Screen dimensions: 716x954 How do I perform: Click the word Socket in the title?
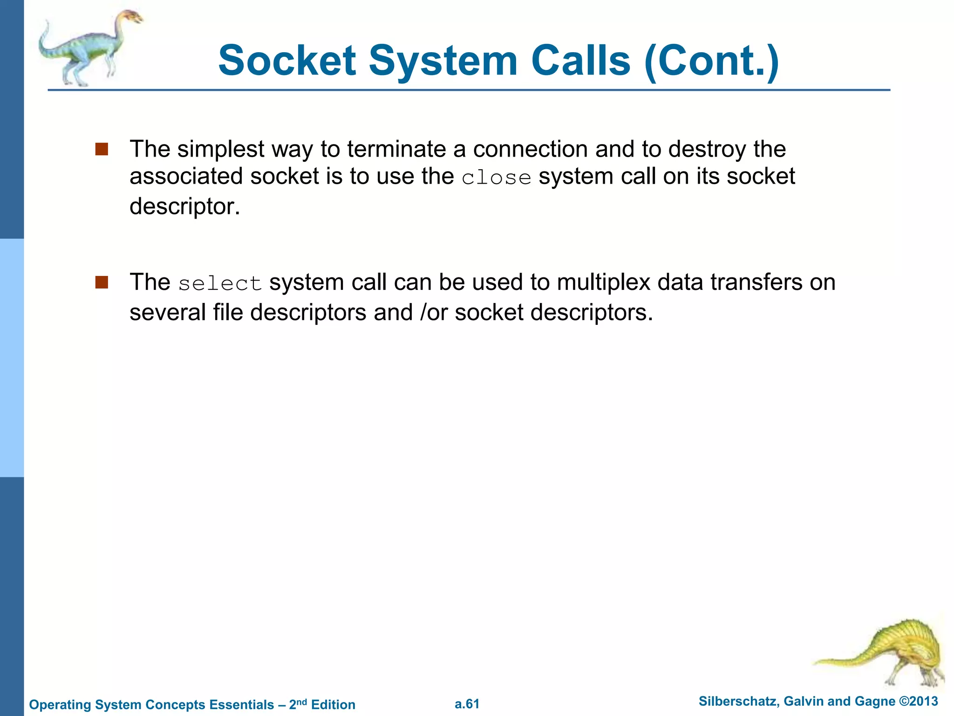(287, 61)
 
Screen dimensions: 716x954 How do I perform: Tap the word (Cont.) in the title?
(711, 61)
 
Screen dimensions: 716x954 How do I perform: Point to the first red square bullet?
(102, 149)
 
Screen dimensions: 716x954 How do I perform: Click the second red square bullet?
(102, 282)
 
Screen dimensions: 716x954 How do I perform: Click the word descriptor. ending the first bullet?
(184, 207)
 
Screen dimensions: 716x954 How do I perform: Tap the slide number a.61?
(467, 704)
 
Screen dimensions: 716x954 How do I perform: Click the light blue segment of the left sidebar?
(12, 358)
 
